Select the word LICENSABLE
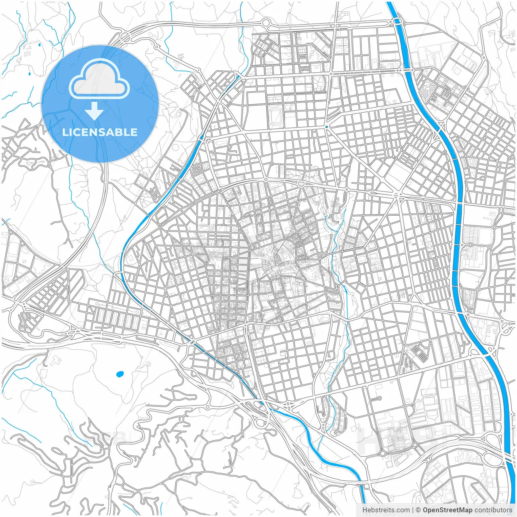(100, 132)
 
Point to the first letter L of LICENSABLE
(65, 132)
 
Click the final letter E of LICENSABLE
(134, 132)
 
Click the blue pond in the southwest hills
(120, 374)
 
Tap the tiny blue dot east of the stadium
(326, 127)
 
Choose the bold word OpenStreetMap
(448, 510)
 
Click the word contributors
(493, 510)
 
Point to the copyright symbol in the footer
(418, 510)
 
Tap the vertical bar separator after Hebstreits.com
(413, 510)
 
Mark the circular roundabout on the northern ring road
(265, 23)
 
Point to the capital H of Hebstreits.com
(365, 510)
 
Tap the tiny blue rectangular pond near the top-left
(30, 74)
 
